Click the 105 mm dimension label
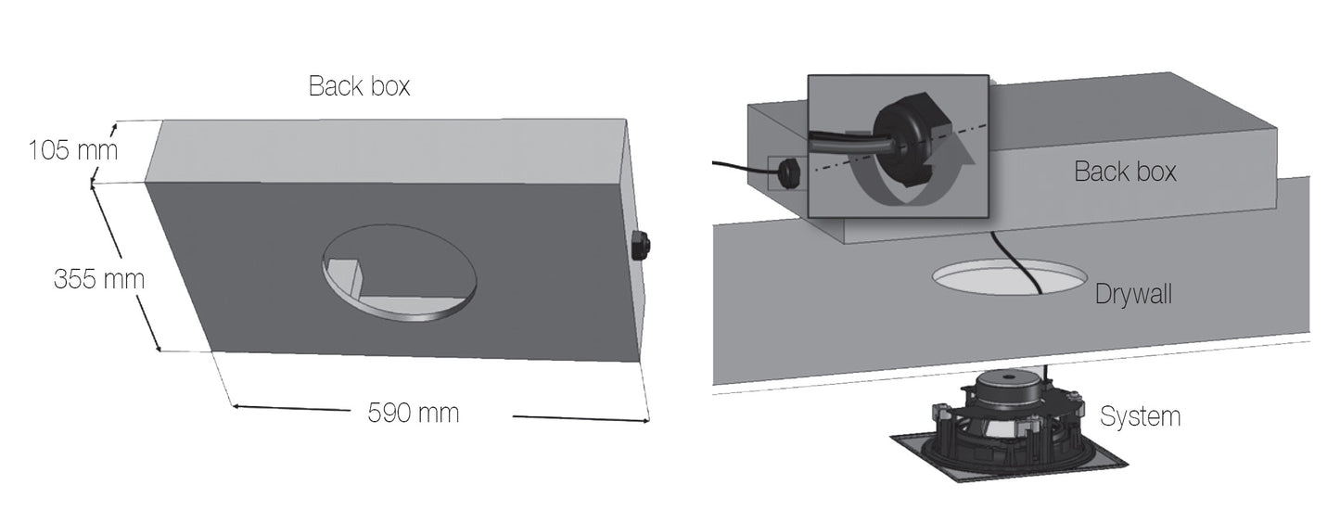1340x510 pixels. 73,150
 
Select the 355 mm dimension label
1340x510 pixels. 98,279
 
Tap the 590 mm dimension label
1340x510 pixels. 414,414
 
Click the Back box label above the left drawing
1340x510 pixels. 359,86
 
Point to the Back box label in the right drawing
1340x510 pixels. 1125,172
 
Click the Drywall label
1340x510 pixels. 1133,294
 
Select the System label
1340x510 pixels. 1141,416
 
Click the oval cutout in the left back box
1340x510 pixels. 399,273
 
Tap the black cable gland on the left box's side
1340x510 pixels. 641,245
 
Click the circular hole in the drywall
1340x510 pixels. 1010,277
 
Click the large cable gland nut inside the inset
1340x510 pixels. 910,137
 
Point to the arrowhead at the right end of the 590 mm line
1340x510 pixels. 644,420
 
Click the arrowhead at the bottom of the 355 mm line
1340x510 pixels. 158,347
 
